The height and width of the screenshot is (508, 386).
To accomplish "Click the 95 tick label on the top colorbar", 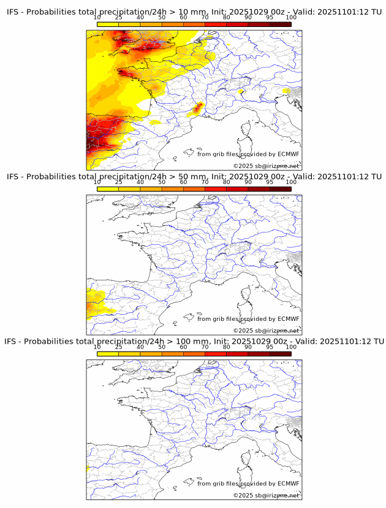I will pos(270,17).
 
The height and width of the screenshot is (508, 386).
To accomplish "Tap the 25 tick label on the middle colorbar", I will pos(119,182).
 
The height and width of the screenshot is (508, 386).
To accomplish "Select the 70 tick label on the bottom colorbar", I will pos(205,347).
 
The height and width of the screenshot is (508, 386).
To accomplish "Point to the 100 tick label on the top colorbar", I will pos(291,17).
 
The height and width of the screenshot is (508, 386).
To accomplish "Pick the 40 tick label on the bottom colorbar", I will pos(140,347).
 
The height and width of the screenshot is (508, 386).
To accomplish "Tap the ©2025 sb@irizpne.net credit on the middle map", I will pos(266,331).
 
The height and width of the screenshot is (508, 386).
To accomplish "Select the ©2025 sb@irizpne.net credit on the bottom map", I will pos(266,495).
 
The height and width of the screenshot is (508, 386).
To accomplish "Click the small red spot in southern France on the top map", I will pos(197,109).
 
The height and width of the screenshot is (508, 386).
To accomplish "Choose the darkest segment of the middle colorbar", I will pos(280,190).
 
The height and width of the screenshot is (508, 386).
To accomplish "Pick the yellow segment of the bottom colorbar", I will pos(108,354).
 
